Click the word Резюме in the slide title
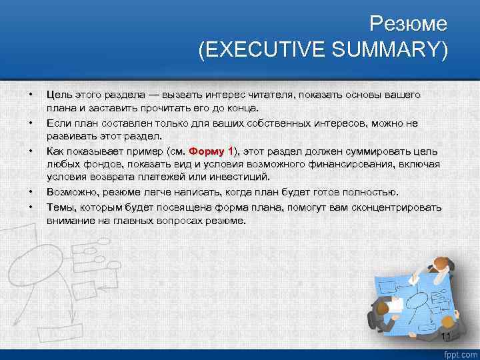(409, 25)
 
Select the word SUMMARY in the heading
(397, 50)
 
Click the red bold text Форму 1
(212, 151)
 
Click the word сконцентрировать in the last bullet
(401, 207)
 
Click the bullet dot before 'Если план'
(31, 123)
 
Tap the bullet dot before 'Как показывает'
(31, 151)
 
